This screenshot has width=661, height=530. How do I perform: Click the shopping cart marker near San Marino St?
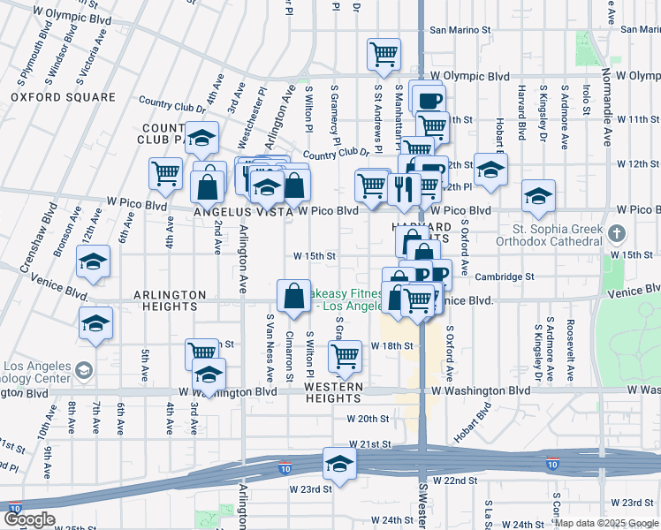384,54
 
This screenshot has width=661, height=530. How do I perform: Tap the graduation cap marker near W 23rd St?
338,463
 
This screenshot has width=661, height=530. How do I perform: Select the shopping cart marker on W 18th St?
345,357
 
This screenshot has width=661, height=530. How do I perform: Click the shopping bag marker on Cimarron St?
293,297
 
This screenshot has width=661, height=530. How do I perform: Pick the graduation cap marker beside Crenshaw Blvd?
93,262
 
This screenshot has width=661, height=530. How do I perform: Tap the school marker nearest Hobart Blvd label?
490,169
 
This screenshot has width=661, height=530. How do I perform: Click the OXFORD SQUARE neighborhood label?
63,97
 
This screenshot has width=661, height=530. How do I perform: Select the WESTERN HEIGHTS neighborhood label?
334,393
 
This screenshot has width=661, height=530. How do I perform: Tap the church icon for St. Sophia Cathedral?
618,234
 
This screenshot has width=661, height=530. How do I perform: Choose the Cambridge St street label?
505,276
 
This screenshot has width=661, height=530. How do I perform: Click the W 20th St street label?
368,419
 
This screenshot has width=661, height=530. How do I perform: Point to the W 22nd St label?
455,481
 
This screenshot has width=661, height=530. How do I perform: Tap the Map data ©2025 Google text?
605,523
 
